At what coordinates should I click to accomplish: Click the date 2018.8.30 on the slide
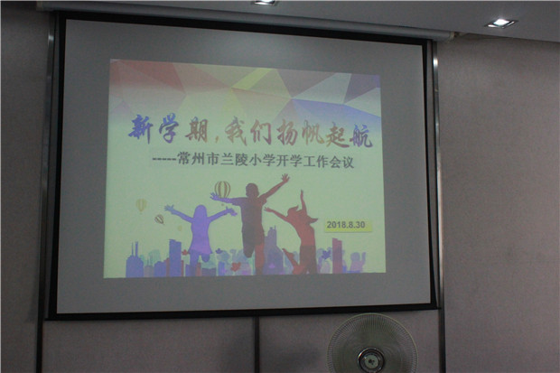[346, 225]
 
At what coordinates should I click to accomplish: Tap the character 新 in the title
[141, 129]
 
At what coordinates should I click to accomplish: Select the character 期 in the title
[195, 130]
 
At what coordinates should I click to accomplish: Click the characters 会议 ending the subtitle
[341, 163]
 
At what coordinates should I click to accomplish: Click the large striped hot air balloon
[222, 190]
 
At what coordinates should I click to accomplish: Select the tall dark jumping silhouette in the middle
[252, 218]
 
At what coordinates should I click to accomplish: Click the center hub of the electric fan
[370, 359]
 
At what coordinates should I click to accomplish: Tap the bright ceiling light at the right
[500, 23]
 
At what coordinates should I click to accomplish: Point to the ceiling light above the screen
[265, 2]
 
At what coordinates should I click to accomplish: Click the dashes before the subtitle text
[164, 160]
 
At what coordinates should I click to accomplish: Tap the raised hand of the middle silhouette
[285, 178]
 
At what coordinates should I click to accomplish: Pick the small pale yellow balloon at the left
[141, 205]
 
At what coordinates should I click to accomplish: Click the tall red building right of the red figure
[337, 255]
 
